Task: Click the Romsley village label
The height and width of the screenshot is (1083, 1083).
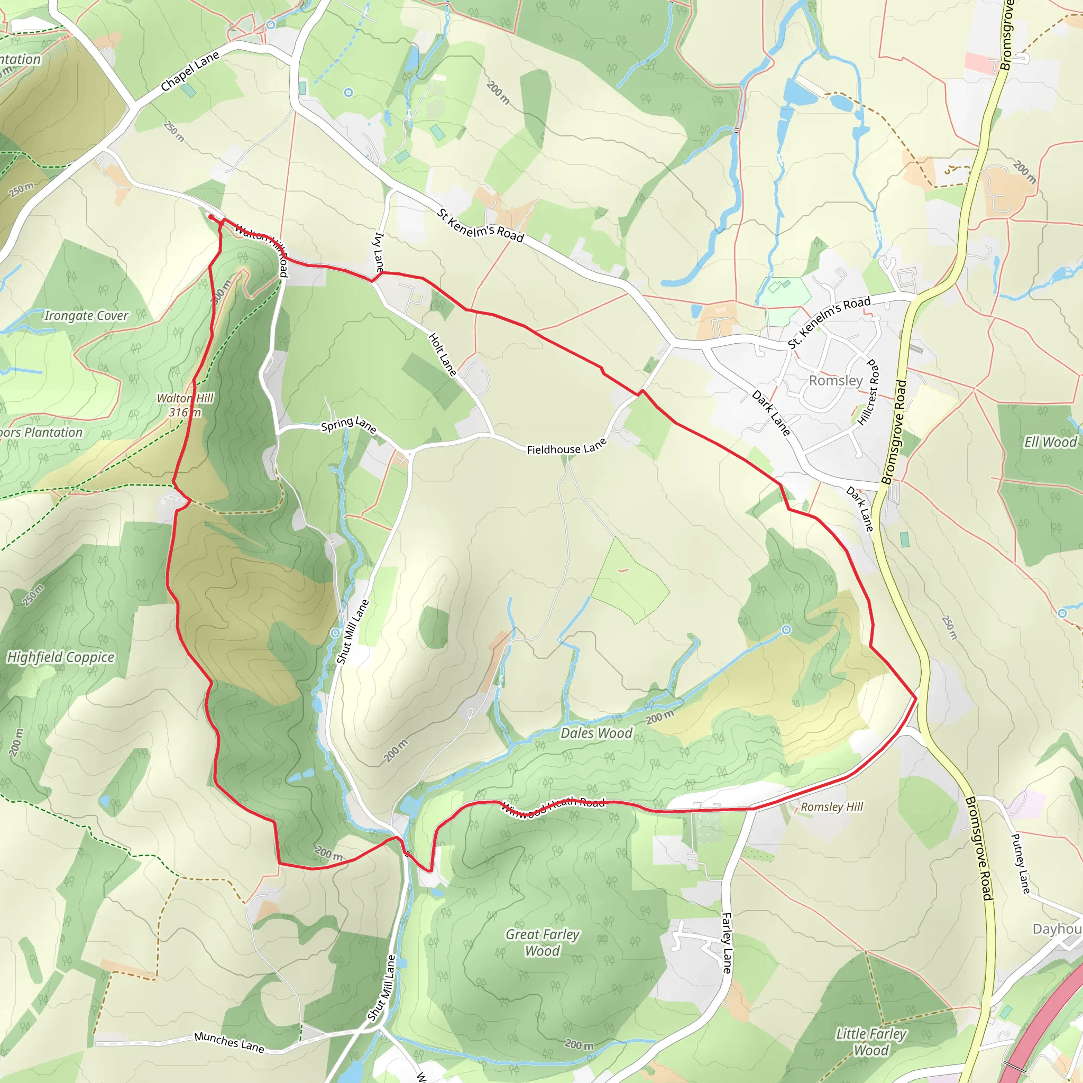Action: [x=836, y=381]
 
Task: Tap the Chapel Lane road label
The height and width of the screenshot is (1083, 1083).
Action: [x=190, y=71]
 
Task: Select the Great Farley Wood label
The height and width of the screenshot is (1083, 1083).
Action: [x=543, y=942]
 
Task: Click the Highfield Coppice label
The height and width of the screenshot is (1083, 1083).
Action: [x=60, y=657]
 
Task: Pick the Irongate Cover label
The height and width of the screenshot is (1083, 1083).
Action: [x=86, y=316]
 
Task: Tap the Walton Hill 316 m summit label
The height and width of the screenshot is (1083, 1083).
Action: [x=185, y=405]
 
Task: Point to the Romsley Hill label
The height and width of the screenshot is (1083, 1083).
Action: [x=832, y=806]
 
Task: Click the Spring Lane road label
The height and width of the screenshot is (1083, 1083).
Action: [x=348, y=424]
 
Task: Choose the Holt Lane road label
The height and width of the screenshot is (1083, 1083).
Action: [x=442, y=354]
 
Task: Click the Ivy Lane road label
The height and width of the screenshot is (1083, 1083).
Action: [x=379, y=252]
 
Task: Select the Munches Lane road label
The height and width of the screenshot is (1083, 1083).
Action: [x=230, y=1042]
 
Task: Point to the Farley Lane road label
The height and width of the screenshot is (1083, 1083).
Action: [x=727, y=943]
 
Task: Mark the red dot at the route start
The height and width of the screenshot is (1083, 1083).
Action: [x=211, y=217]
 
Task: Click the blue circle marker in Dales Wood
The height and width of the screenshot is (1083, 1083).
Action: [x=786, y=630]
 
